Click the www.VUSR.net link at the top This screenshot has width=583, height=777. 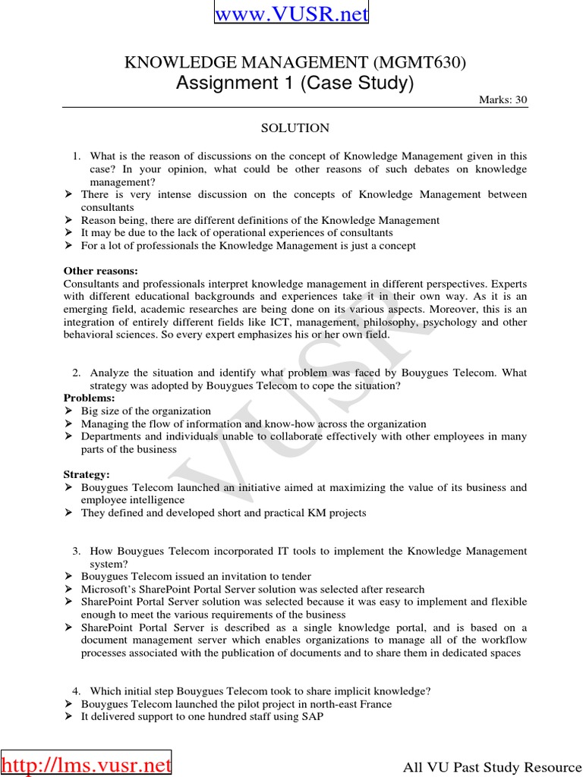291,14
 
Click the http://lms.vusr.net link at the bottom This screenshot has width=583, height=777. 87,765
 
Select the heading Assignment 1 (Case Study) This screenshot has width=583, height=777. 295,83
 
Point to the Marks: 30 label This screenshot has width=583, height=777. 503,100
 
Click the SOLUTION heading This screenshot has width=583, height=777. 295,128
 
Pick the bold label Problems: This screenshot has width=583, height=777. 89,398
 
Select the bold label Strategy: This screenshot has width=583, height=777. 87,474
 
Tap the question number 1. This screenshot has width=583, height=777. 76,156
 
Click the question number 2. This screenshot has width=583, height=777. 76,373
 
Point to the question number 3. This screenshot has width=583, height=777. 76,551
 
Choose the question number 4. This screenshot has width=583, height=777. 76,691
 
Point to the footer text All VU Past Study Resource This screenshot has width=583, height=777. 491,769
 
